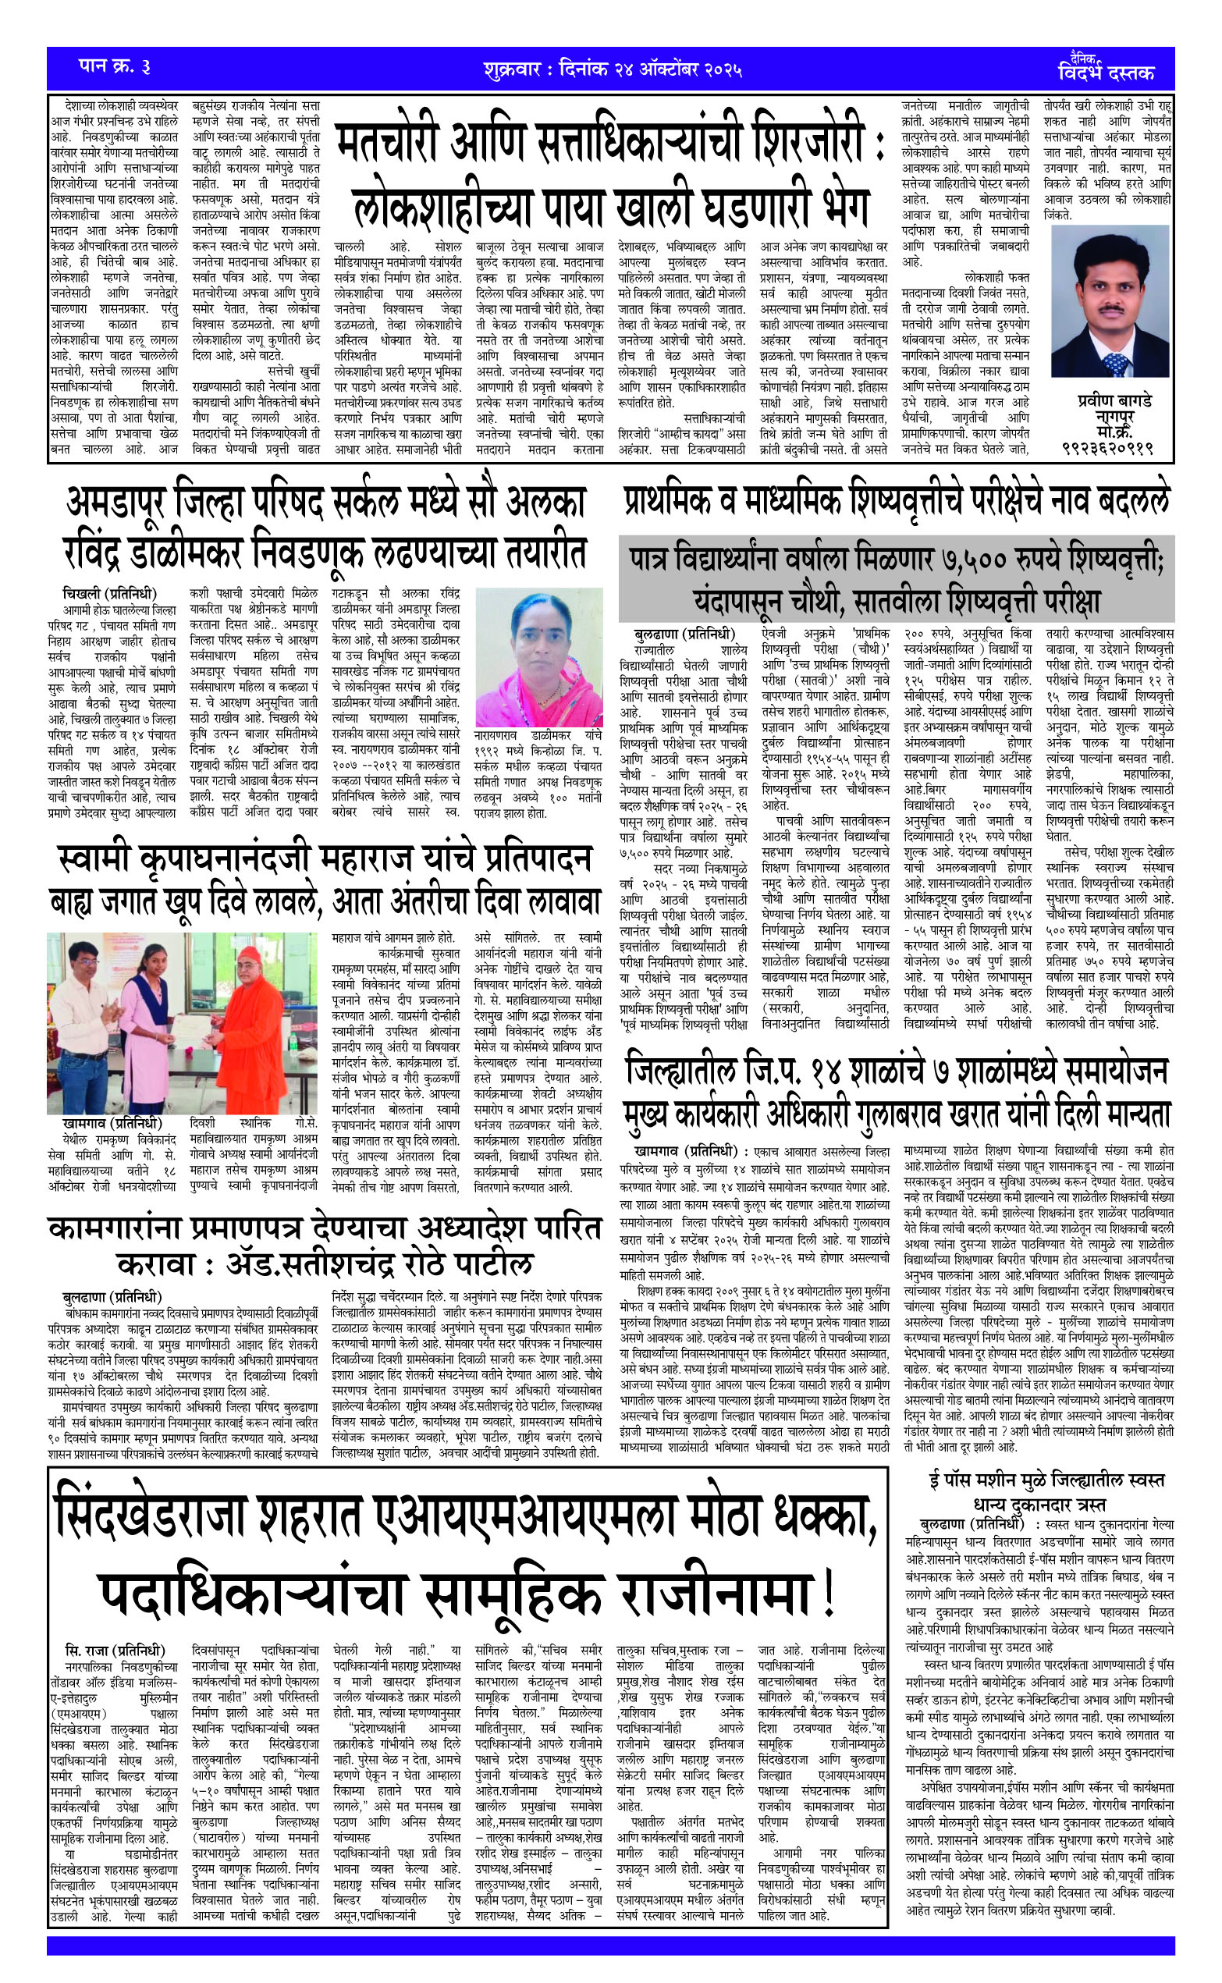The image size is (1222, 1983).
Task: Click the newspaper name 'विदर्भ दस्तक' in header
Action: (1106, 73)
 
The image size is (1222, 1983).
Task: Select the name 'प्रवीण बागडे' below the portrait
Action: (1114, 401)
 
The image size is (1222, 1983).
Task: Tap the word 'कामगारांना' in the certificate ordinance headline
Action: (117, 1228)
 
